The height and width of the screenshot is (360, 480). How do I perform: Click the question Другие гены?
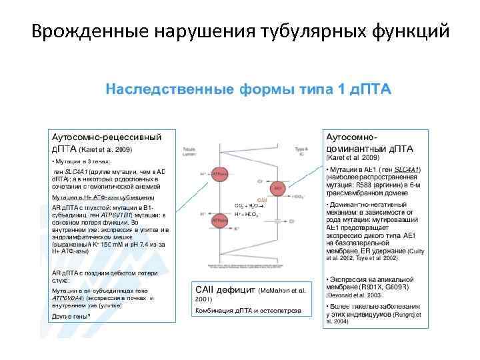71,315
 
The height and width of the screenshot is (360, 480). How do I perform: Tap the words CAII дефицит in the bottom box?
224,291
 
